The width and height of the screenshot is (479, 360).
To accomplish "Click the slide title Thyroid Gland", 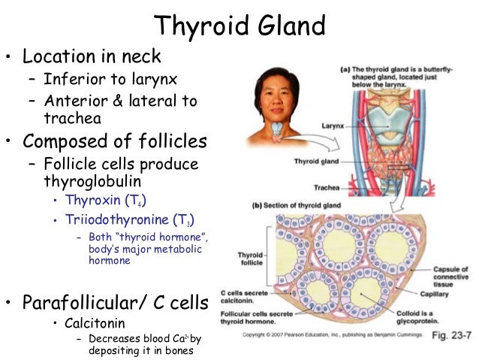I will pyautogui.click(x=239, y=26).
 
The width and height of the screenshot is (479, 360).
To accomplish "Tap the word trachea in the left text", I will pyautogui.click(x=73, y=118).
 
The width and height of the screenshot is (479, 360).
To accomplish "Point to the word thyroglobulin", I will pyautogui.click(x=94, y=182).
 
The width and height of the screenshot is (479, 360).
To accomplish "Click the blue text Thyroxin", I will pyautogui.click(x=93, y=201).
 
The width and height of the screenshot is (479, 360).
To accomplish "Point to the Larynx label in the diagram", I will pyautogui.click(x=330, y=126).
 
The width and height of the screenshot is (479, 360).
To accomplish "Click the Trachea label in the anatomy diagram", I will pyautogui.click(x=333, y=186).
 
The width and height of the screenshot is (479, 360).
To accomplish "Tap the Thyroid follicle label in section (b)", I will pyautogui.click(x=251, y=259).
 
